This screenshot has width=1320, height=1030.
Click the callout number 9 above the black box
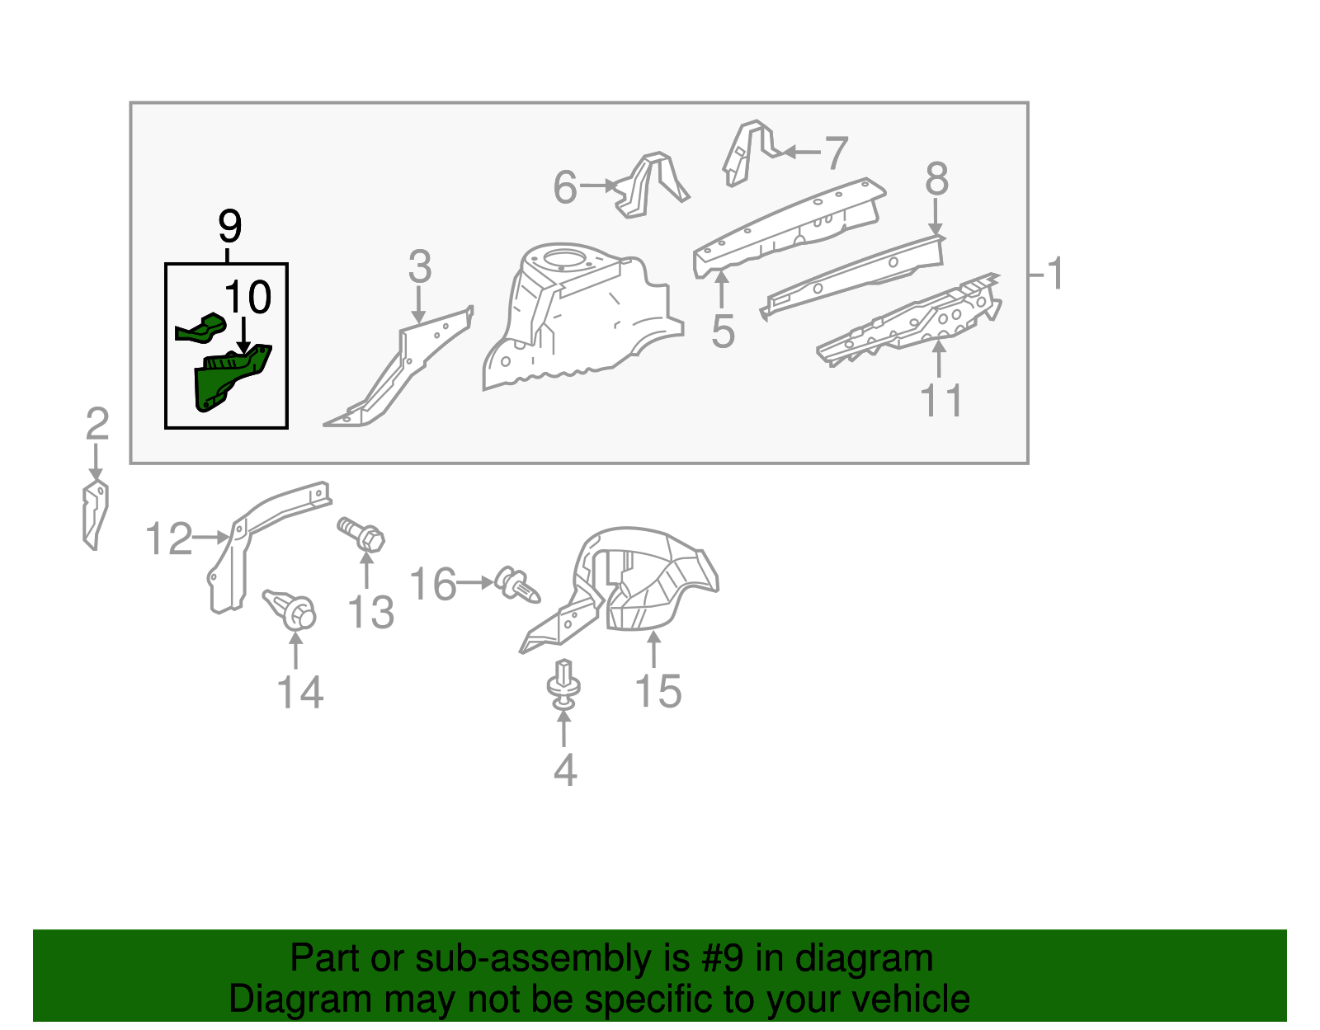click(x=229, y=226)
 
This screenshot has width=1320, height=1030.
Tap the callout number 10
click(x=247, y=298)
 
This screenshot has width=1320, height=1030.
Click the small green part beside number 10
click(x=200, y=328)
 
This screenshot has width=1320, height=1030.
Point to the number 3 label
click(x=419, y=267)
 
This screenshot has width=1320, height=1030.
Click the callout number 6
click(x=565, y=187)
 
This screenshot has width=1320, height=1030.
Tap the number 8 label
click(x=936, y=179)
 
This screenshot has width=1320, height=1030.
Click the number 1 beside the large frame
click(x=1054, y=273)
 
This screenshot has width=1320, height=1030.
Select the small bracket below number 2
click(x=96, y=515)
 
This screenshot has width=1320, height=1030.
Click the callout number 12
click(x=168, y=539)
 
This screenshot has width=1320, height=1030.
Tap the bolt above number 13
click(x=362, y=534)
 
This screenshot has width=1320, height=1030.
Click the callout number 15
click(x=658, y=691)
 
